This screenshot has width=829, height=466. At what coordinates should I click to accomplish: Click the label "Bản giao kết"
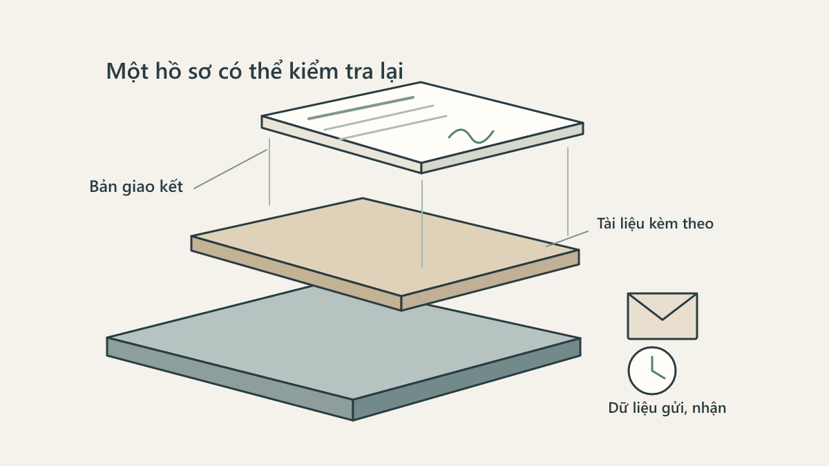pyautogui.click(x=136, y=186)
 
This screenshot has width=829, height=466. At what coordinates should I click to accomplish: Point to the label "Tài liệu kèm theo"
pyautogui.click(x=655, y=224)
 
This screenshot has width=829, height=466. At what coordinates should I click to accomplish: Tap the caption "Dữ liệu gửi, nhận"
pyautogui.click(x=667, y=408)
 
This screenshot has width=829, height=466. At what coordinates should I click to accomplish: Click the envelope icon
pyautogui.click(x=663, y=316)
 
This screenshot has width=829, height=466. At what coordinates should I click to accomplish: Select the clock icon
pyautogui.click(x=652, y=371)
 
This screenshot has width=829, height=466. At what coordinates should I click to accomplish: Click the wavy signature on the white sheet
pyautogui.click(x=471, y=136)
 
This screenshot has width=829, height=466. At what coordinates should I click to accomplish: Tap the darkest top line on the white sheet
pyautogui.click(x=361, y=108)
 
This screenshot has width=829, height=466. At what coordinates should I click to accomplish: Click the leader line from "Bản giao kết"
pyautogui.click(x=230, y=169)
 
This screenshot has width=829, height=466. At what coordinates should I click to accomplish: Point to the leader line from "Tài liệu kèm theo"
pyautogui.click(x=567, y=239)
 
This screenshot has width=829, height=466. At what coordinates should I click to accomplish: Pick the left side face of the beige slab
pyautogui.click(x=296, y=273)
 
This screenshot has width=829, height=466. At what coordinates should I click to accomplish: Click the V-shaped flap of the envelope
pyautogui.click(x=663, y=307)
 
